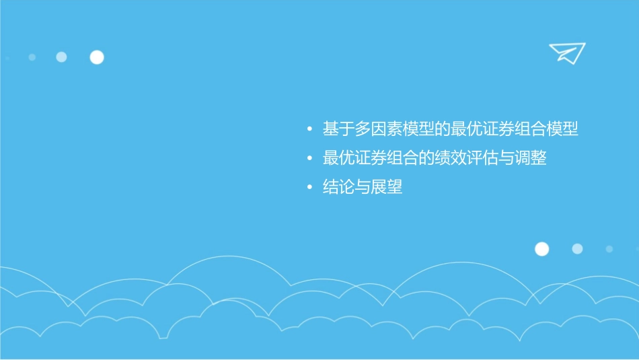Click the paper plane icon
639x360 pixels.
tap(566, 53)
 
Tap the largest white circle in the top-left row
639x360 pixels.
tap(97, 57)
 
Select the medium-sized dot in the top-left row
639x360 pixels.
tap(61, 57)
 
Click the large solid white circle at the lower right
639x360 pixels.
tap(541, 249)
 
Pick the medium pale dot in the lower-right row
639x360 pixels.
tap(577, 249)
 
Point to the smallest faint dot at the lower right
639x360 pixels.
tap(609, 249)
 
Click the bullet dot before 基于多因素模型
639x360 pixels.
tap(309, 129)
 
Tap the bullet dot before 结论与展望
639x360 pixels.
tap(309, 188)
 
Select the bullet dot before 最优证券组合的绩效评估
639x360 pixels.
tap(309, 159)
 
